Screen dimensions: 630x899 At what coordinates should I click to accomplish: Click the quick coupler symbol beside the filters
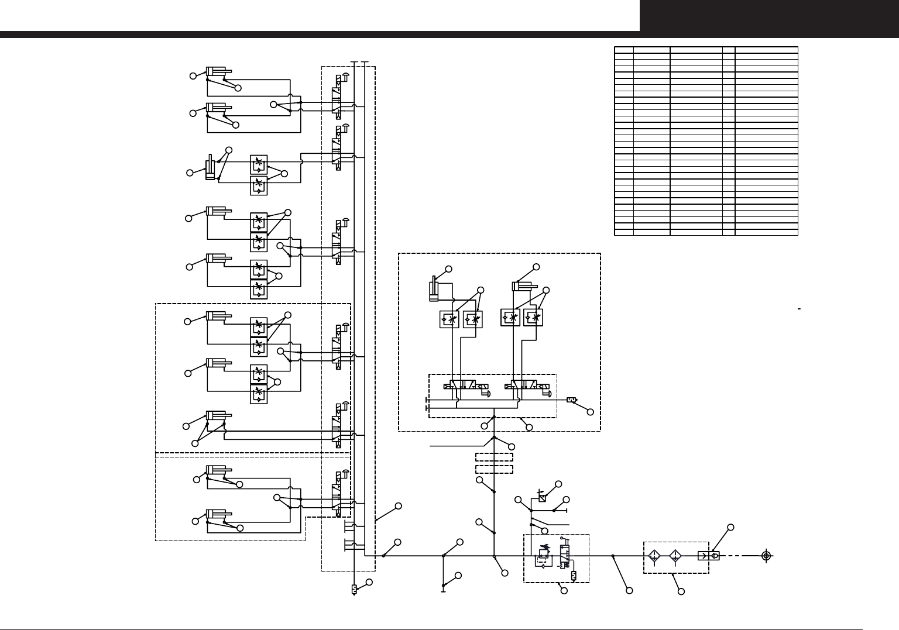coord(708,556)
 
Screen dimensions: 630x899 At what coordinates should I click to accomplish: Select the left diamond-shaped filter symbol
coord(655,556)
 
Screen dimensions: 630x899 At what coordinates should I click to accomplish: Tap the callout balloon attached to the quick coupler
coord(731,528)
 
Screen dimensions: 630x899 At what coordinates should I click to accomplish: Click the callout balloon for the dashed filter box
coord(681,592)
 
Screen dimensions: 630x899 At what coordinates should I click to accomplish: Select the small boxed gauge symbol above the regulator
coord(542,499)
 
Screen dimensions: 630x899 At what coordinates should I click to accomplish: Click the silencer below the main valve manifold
coord(354,589)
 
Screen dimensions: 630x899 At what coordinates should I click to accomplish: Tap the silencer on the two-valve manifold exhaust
coord(572,401)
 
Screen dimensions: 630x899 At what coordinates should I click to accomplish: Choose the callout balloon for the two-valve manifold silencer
coord(590,412)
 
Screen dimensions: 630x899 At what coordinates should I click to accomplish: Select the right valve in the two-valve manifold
coord(527,387)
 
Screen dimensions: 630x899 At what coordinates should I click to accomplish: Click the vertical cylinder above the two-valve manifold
coord(434,288)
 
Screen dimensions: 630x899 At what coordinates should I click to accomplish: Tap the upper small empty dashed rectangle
coord(495,457)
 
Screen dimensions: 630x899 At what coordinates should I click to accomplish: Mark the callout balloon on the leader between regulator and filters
coord(629,591)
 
